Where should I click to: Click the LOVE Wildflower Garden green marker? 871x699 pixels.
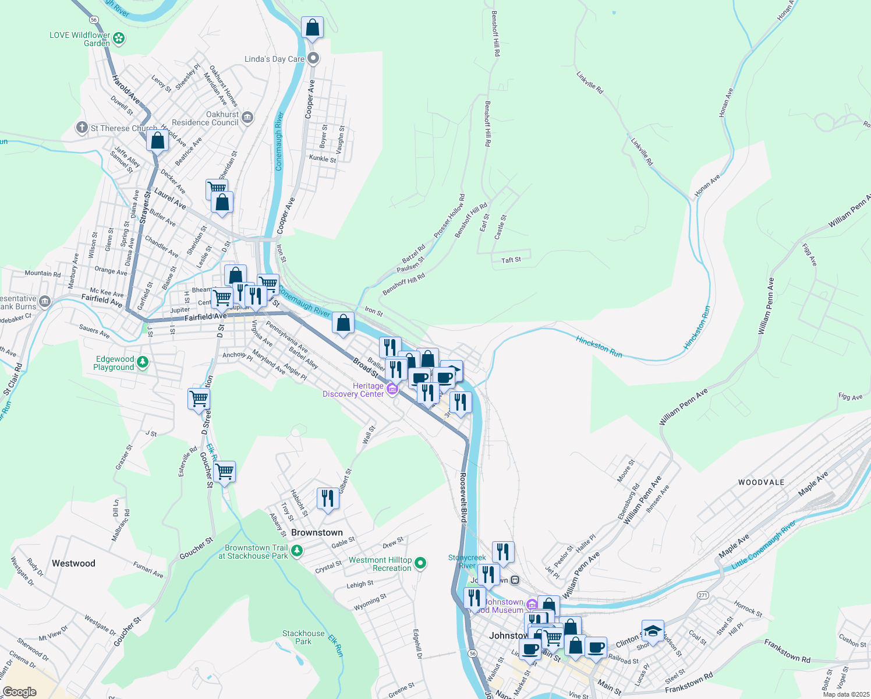[x=119, y=38]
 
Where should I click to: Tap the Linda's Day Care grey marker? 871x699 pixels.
[x=313, y=58]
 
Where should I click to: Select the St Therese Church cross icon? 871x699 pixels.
[x=82, y=127]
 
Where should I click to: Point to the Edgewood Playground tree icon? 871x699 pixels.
[x=143, y=362]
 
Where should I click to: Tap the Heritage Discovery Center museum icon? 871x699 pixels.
[x=392, y=389]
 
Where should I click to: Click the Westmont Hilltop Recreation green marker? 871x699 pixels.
[x=420, y=563]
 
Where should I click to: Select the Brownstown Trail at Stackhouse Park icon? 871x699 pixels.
[x=297, y=550]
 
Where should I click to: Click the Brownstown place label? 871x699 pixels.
[x=317, y=532]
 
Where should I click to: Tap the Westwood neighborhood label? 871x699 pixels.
[x=73, y=563]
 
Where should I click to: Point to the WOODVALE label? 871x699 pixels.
[x=761, y=482]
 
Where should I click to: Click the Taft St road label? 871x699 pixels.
[x=511, y=260]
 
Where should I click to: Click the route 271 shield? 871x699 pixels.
[x=703, y=595]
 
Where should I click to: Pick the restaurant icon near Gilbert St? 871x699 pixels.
[x=328, y=499]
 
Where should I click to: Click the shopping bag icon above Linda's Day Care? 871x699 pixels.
[x=312, y=27]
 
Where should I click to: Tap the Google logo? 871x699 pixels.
[x=19, y=692]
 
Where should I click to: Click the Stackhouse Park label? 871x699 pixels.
[x=303, y=637]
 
